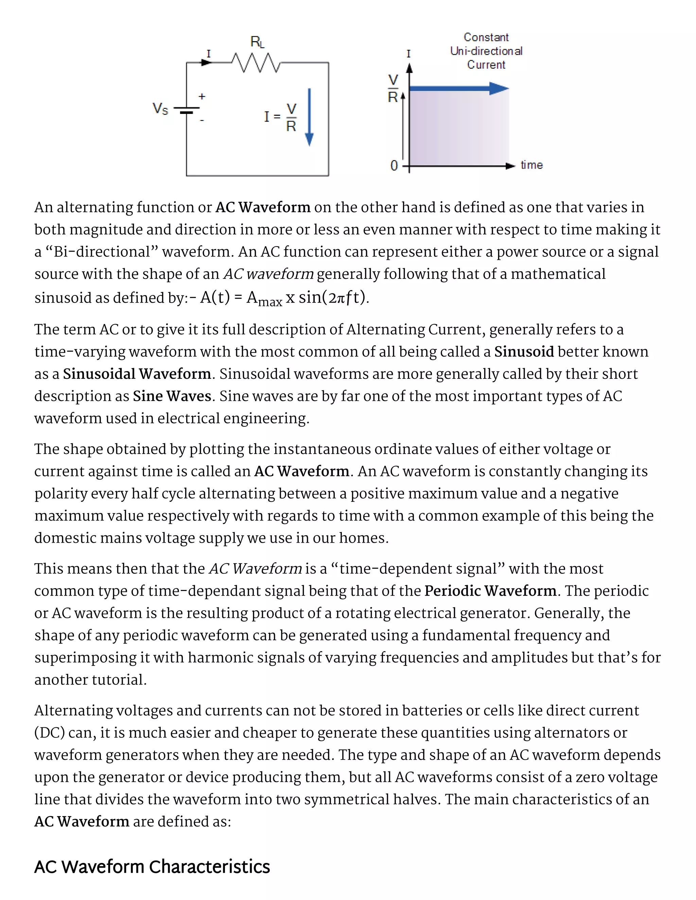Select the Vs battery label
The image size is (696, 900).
pos(160,109)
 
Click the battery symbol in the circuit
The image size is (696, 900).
pos(187,110)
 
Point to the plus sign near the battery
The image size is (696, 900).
pos(202,97)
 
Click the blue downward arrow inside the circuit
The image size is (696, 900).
pos(309,117)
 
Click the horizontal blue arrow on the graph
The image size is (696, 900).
pos(459,88)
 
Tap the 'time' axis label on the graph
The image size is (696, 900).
pos(531,165)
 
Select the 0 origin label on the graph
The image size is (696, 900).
pos(394,166)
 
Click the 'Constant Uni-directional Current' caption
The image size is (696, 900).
pos(486,51)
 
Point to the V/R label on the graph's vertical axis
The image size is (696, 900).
pos(393,88)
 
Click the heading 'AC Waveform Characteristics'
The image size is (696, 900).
pos(152,866)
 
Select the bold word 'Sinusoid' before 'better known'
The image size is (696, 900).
pos(524,352)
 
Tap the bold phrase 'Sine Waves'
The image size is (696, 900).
pos(172,396)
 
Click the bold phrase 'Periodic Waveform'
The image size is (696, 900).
pos(490,591)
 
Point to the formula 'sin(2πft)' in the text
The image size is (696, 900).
pos(333,297)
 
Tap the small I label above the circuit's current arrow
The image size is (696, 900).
pos(208,54)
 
